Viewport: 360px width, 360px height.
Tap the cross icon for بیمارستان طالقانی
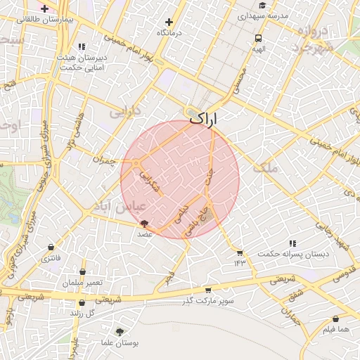click(45, 9)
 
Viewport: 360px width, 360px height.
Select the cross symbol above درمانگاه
click(169, 22)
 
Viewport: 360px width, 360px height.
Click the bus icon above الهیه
click(259, 39)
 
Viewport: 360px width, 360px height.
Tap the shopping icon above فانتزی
click(51, 247)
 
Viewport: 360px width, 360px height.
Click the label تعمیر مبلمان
click(82, 282)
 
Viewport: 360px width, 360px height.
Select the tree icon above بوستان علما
click(120, 331)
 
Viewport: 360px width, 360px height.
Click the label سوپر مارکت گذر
click(207, 301)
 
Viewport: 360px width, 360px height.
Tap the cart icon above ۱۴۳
click(240, 252)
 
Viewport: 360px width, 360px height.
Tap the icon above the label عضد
click(145, 224)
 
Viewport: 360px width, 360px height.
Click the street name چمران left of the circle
click(103, 160)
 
